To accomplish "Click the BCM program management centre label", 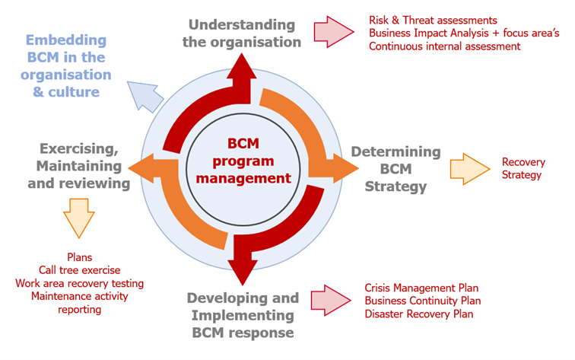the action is point(243,161).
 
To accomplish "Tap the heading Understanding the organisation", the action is point(242,33).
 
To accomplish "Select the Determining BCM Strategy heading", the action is point(396,169).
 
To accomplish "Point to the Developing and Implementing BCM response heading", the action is point(243,315).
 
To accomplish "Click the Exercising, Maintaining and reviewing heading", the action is point(79,166).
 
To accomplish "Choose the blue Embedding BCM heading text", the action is point(66,65).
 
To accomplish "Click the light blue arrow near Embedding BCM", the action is point(145,97).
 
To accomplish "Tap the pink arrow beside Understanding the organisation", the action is point(334,32).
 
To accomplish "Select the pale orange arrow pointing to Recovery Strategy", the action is point(470,169).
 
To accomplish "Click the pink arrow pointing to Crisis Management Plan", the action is point(331,300).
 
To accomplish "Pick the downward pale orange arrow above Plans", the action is point(79,218).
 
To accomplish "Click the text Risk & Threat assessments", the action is point(433,21).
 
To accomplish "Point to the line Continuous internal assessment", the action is point(444,46).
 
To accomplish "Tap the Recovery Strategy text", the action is point(523,168).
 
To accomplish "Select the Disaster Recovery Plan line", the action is point(419,314).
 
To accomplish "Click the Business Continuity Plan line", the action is point(422,301).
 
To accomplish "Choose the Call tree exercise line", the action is point(80,270).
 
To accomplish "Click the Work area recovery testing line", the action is point(80,283).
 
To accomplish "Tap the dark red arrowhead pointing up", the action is point(242,66).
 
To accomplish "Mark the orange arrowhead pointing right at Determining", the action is point(345,168).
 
